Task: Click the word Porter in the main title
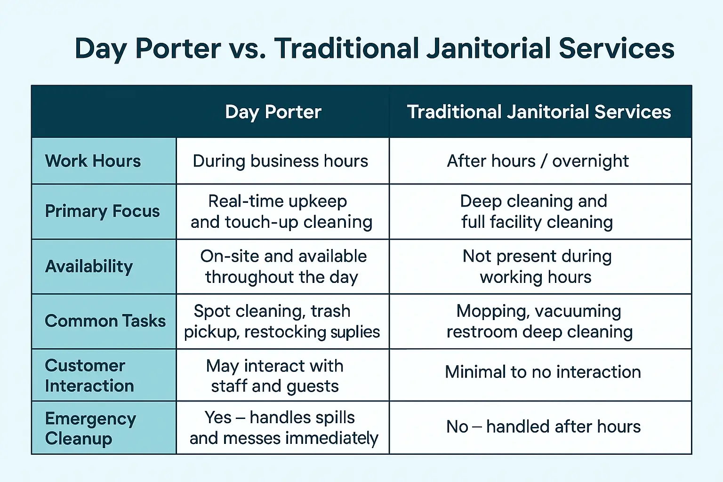(178, 48)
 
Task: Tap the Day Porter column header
(273, 112)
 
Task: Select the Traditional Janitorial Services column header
(538, 112)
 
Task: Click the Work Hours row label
(93, 161)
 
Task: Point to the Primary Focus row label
(102, 211)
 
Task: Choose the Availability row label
(89, 266)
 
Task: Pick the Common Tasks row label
(105, 321)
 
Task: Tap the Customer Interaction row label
(89, 376)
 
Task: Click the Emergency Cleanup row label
(90, 429)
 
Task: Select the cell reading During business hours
(280, 161)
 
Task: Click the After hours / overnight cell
(538, 161)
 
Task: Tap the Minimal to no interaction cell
(543, 372)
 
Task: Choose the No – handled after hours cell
(543, 426)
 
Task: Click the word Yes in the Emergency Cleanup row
(218, 418)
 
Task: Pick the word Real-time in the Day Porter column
(245, 201)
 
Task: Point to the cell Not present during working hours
(537, 267)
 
